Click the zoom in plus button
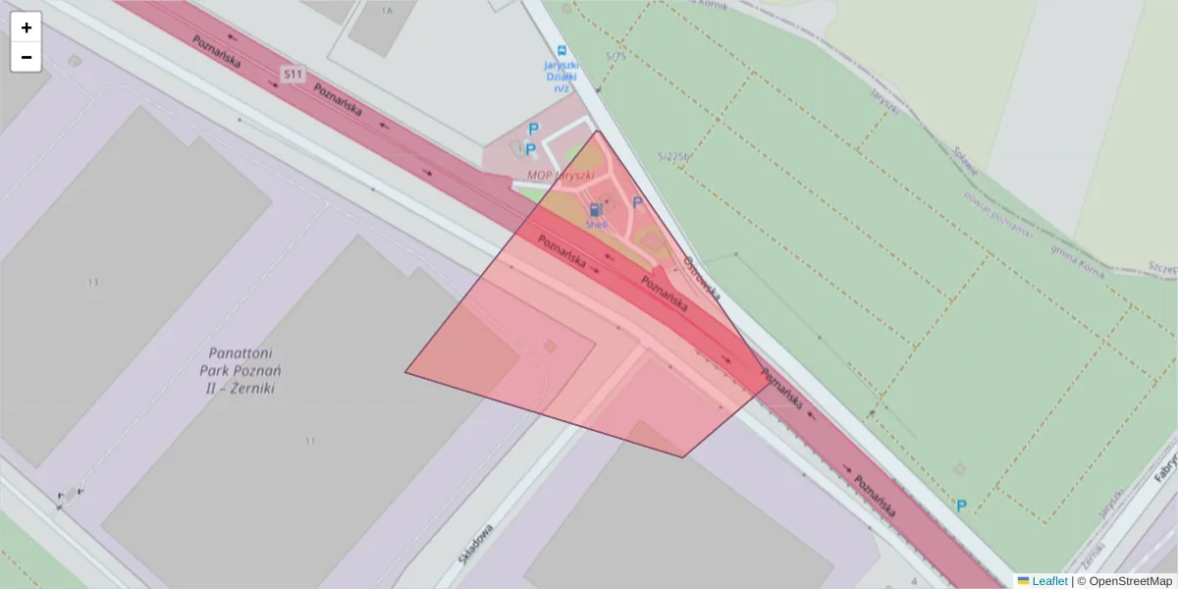coord(27,27)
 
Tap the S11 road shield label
coord(292,74)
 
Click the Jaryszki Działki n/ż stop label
coord(562,77)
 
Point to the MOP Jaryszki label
coord(561,176)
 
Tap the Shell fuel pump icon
coord(595,209)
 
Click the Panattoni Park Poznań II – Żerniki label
coord(241,370)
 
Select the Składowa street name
coord(476,543)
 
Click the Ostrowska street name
coord(703,279)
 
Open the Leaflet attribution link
coord(1048,581)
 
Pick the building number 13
coord(93,282)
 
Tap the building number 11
coord(310,441)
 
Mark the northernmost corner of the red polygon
coord(597,132)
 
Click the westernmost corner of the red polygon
coord(405,372)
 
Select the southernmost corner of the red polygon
coord(684,457)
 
